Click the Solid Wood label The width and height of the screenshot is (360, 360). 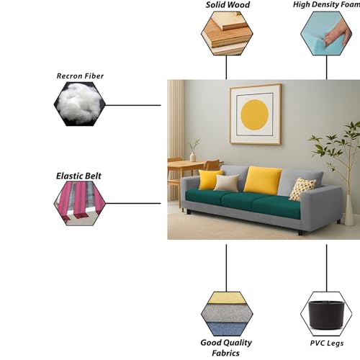click(x=228, y=5)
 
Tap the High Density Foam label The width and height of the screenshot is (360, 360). click(x=326, y=4)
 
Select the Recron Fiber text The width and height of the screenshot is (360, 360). click(x=80, y=76)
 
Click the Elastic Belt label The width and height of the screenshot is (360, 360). click(x=78, y=176)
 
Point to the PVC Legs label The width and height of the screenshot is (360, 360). click(x=327, y=343)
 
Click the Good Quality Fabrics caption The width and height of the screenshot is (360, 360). click(x=226, y=348)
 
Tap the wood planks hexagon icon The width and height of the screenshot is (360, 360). click(x=227, y=34)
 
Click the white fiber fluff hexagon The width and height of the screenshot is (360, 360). click(x=80, y=104)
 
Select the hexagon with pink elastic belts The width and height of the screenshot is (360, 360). click(x=80, y=203)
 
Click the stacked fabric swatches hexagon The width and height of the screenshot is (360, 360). click(x=227, y=314)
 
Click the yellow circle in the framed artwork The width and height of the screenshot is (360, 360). click(x=254, y=114)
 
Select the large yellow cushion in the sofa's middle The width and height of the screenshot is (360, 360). click(x=263, y=180)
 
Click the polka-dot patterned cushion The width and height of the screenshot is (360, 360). click(x=302, y=189)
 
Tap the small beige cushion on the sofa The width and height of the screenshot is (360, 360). click(x=226, y=183)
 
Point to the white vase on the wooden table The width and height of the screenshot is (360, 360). click(x=193, y=157)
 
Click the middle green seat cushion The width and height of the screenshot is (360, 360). click(x=243, y=199)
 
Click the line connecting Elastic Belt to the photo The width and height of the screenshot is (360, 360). click(x=133, y=203)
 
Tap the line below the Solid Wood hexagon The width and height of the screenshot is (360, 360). click(x=226, y=68)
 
